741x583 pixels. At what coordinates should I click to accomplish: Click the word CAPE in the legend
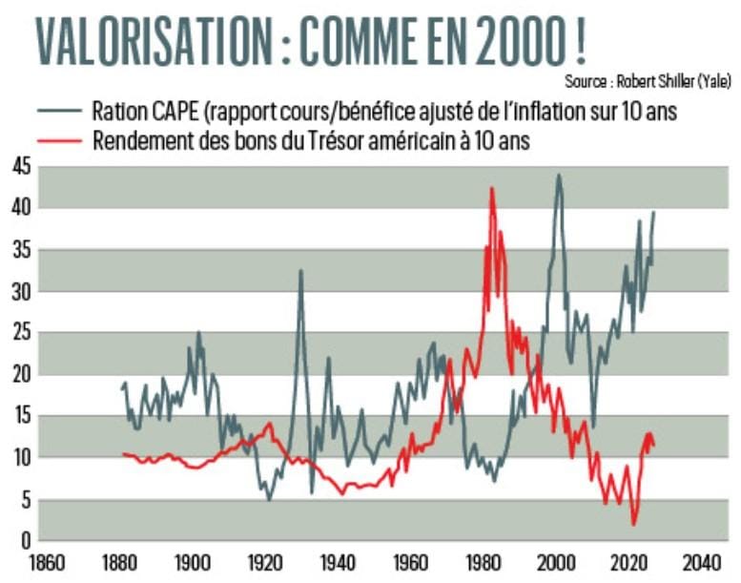pos(181,111)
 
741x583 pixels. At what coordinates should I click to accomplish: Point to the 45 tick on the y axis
pos(19,168)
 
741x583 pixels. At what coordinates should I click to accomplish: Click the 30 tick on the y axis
pos(19,292)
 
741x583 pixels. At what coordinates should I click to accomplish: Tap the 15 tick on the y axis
pos(19,416)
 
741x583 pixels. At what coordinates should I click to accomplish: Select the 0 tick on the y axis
pos(24,540)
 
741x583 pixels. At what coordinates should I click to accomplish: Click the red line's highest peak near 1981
pos(492,188)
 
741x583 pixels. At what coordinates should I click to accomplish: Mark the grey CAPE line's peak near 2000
pos(558,175)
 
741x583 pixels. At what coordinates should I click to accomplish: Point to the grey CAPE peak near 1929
pos(301,270)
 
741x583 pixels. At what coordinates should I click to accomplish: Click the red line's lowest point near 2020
pos(633,524)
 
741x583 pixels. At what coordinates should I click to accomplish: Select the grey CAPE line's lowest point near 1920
pos(269,499)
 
